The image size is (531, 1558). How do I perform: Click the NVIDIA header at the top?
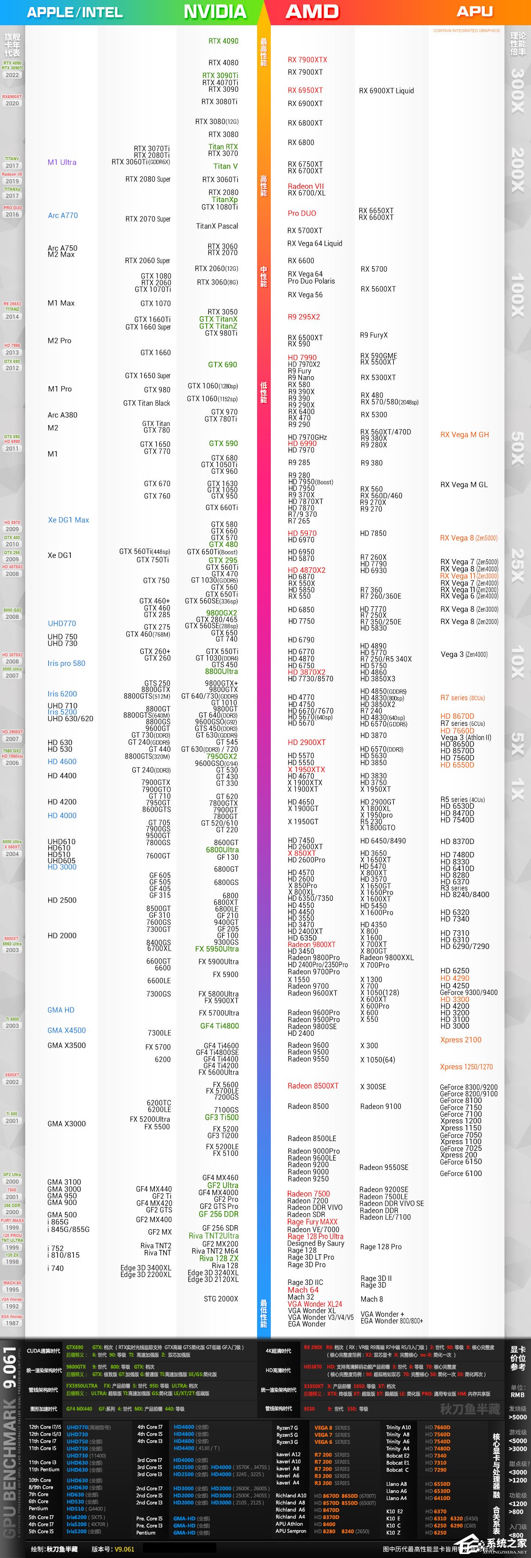pos(215,12)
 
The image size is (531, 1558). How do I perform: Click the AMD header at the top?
pos(312,12)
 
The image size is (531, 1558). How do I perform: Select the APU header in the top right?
pos(474,12)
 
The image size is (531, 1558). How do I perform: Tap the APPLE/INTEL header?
pos(74,12)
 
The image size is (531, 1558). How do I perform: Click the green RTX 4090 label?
pos(223,41)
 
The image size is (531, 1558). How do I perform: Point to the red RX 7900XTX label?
pos(307,60)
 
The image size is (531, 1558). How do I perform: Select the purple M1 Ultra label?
pos(62,162)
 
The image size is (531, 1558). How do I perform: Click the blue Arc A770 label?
pos(63,215)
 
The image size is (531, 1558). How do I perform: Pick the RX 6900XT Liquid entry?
pos(386,91)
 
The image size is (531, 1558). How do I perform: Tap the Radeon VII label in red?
pos(305,186)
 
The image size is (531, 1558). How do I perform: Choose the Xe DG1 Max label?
pos(68,520)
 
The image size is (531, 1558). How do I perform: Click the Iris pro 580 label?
pos(66,663)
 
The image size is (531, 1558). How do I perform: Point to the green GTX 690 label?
pos(223,365)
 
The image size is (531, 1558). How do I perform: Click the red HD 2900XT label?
pos(307,742)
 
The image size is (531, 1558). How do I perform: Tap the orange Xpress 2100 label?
pos(461,1040)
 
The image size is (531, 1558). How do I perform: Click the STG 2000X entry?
pos(221,1299)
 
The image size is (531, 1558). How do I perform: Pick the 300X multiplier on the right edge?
pos(518,91)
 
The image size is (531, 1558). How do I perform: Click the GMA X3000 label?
pos(66,1123)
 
